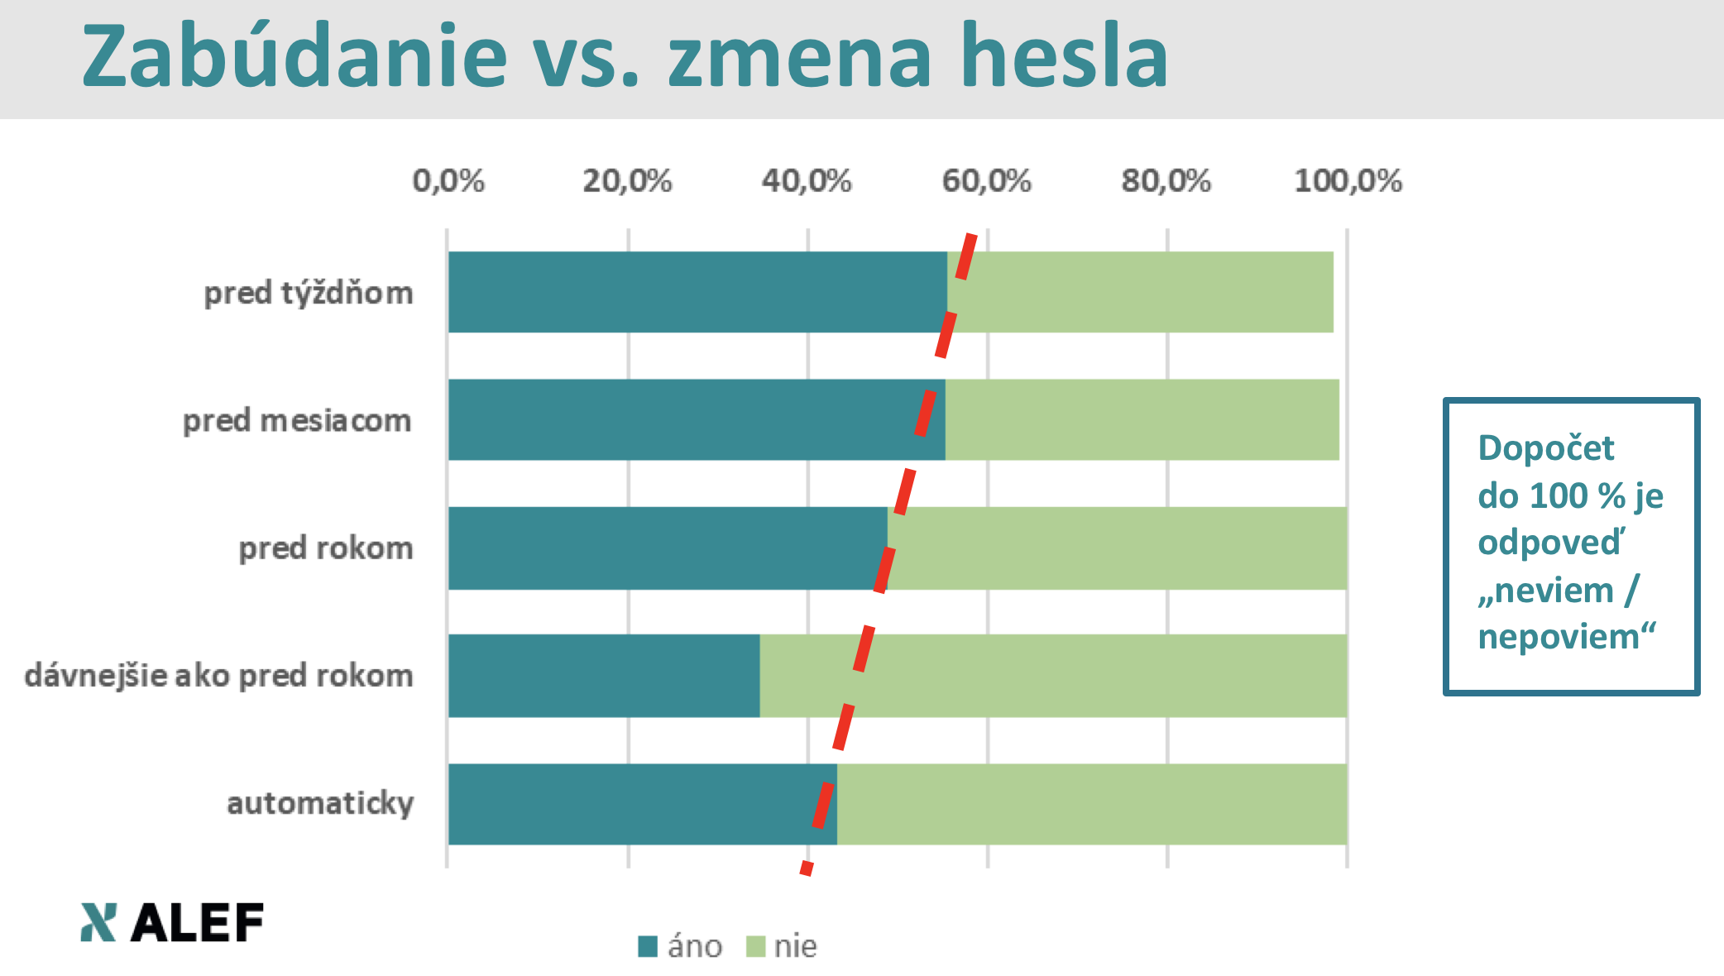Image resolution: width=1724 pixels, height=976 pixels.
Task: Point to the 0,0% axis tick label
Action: click(448, 180)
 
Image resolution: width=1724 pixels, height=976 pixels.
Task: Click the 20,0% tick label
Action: click(627, 180)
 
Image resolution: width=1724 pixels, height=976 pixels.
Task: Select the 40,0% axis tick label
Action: click(807, 180)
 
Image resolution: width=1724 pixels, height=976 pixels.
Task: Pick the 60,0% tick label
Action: click(986, 180)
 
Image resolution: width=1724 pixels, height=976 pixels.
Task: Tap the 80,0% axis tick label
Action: click(1166, 180)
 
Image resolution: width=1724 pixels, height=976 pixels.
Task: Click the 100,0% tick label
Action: click(1348, 180)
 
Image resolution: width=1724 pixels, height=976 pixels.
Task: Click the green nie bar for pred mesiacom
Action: click(1142, 419)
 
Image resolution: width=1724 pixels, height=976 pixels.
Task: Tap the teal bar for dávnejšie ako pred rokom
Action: click(604, 676)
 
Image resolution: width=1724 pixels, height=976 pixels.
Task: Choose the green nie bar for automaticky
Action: click(1092, 804)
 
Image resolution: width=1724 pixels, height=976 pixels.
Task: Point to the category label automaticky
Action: click(320, 803)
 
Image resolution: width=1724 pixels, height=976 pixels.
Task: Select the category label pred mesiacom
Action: click(297, 421)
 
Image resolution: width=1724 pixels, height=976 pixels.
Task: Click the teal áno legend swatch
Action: click(648, 946)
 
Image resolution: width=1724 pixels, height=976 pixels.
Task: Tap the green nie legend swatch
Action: click(755, 946)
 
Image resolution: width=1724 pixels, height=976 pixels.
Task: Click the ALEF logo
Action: click(172, 922)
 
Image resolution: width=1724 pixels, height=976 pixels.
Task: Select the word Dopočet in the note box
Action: click(1545, 448)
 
